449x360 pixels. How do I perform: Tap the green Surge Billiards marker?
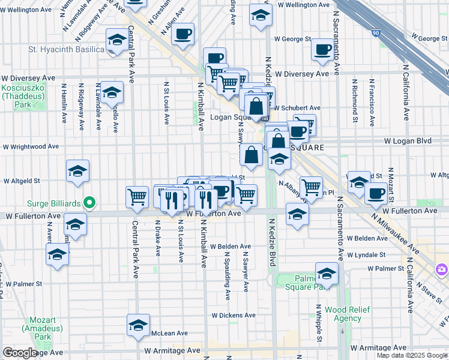[x=89, y=203]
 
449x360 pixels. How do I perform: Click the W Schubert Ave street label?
[x=297, y=108]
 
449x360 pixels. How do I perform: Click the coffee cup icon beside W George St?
[x=323, y=49]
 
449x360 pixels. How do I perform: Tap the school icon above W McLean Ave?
[x=138, y=325]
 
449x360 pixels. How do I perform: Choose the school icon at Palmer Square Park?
[x=327, y=273]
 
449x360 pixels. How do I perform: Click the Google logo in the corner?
[x=19, y=353]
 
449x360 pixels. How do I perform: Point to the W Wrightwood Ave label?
[x=31, y=146]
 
